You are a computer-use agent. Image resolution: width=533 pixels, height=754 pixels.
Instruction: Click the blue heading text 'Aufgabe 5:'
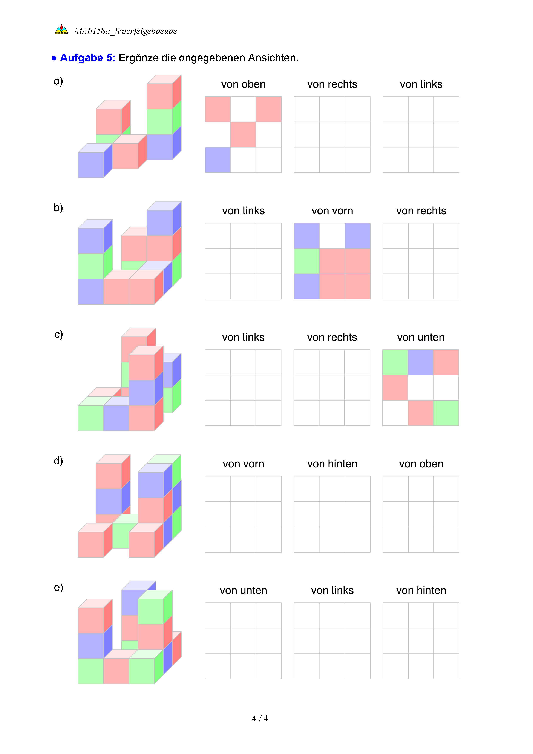pos(88,58)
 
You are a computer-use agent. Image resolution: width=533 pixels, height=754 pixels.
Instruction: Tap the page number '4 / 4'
pos(260,718)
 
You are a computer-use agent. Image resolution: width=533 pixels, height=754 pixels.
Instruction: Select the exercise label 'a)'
pos(58,81)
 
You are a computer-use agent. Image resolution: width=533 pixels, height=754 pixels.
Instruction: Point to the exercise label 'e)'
pos(58,587)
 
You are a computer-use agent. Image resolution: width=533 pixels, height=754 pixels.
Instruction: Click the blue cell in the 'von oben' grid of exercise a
pos(217,160)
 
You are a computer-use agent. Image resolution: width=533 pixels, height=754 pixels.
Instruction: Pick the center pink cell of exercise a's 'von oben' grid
pos(243,135)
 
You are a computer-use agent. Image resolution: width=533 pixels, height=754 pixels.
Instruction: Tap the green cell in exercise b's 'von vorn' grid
pos(306,261)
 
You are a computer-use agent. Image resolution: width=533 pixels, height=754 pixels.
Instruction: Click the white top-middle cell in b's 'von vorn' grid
pos(332,236)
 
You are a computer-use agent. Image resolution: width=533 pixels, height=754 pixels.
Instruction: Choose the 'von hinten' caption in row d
pos(332,464)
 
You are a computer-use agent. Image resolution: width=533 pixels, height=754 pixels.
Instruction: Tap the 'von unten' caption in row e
pos(243,590)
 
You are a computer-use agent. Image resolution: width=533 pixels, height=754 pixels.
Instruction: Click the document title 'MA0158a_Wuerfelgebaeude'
pos(125,31)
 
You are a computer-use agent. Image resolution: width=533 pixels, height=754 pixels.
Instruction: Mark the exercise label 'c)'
pos(58,334)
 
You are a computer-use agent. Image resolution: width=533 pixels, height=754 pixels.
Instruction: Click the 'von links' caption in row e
pos(332,590)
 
